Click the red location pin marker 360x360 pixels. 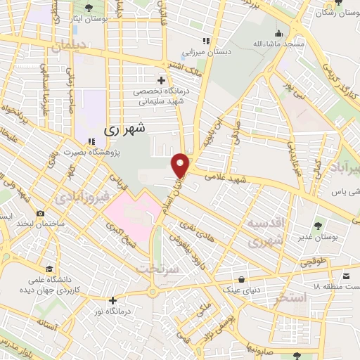[x=181, y=165]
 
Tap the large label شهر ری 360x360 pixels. [x=124, y=129]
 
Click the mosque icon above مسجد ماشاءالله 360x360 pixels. [x=278, y=33]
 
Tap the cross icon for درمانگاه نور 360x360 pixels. [x=112, y=300]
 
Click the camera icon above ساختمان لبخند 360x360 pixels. [x=40, y=213]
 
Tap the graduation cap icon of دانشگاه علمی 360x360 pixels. [x=49, y=268]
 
